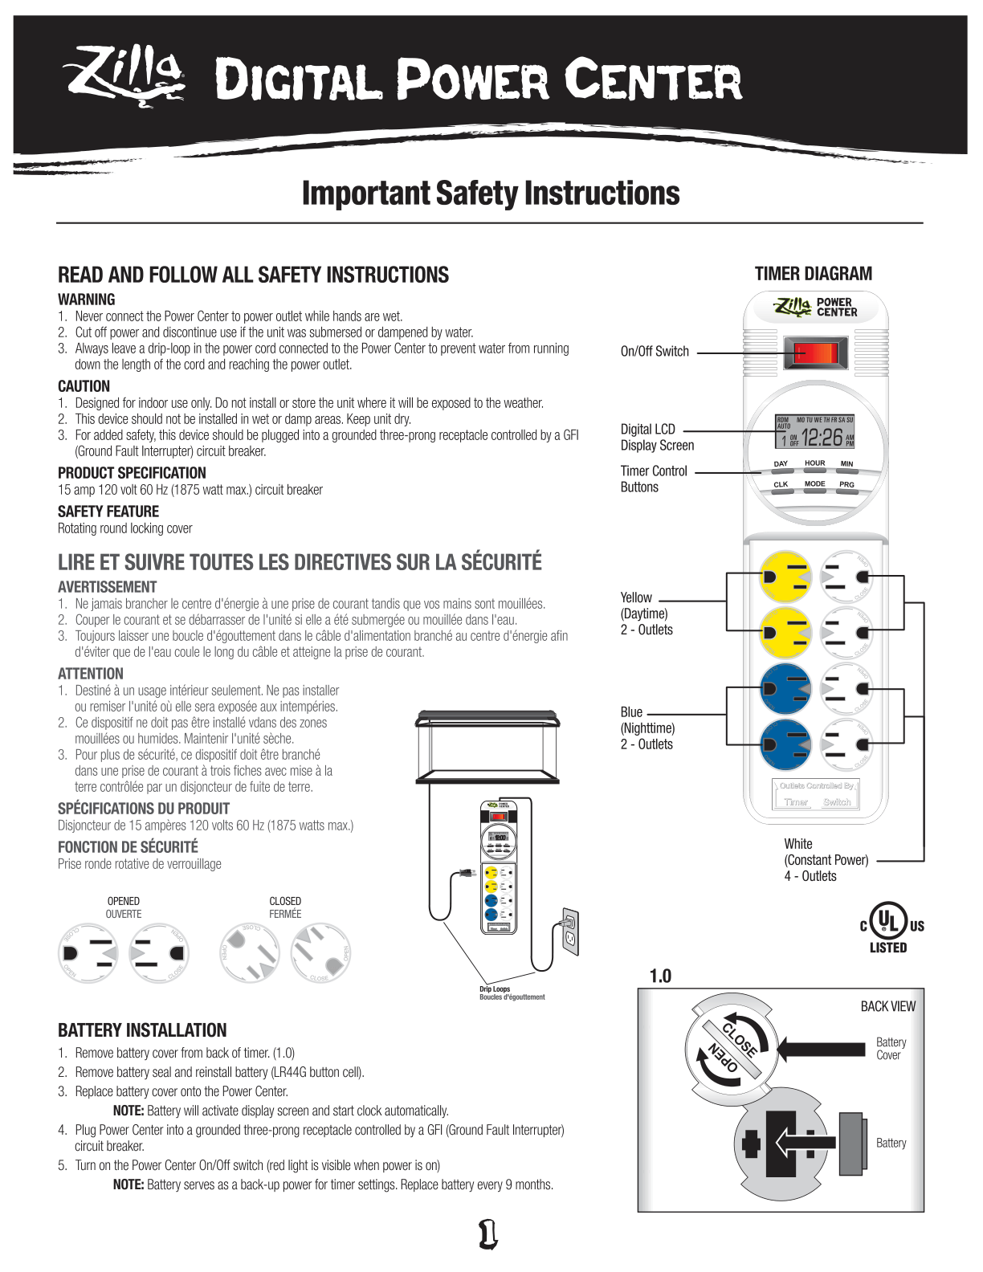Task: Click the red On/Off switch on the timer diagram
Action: tap(815, 353)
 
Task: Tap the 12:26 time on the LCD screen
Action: tap(822, 438)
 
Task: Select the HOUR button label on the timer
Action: tap(814, 463)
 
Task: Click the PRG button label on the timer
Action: tap(846, 485)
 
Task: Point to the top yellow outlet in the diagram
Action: tap(785, 577)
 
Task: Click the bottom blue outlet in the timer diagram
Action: tap(785, 744)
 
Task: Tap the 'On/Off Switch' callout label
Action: tap(655, 352)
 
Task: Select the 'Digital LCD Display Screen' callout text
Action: tap(656, 438)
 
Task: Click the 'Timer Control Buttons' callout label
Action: tap(653, 479)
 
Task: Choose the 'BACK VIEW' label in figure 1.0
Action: tap(887, 1006)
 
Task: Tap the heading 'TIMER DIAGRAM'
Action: tap(813, 274)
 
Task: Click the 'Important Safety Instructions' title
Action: tap(491, 194)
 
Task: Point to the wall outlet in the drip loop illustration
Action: tap(570, 932)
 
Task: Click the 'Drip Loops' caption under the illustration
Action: tap(495, 989)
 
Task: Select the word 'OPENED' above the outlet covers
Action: tap(123, 901)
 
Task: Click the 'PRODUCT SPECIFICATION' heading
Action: tap(132, 473)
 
